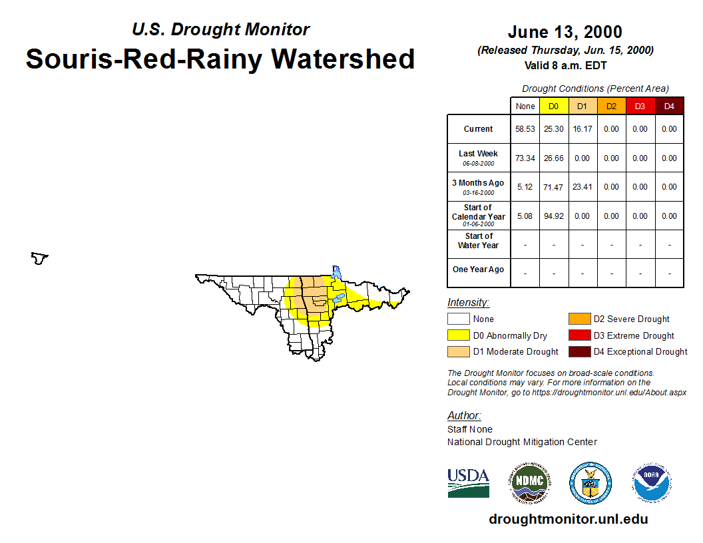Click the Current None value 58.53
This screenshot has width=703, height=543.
(525, 129)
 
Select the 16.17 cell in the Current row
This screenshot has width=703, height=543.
(583, 129)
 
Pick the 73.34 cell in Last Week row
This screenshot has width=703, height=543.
(525, 158)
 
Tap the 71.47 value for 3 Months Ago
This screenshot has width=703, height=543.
(553, 187)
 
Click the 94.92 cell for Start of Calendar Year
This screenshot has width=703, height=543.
(554, 216)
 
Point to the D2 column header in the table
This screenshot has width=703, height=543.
(612, 106)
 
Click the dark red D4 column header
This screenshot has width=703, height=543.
(669, 106)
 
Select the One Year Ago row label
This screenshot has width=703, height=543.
(479, 270)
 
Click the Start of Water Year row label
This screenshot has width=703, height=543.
(479, 241)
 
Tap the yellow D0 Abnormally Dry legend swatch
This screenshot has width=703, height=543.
(458, 335)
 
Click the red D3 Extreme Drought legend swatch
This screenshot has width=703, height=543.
(579, 335)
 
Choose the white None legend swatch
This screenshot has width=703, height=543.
(458, 319)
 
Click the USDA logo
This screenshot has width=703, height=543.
(469, 483)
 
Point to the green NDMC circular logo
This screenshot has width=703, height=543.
(529, 483)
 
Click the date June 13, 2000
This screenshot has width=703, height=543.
(565, 32)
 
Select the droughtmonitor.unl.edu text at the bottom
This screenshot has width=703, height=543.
(568, 519)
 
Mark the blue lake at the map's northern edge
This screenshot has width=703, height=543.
(336, 272)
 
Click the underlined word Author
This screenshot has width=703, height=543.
(463, 415)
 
